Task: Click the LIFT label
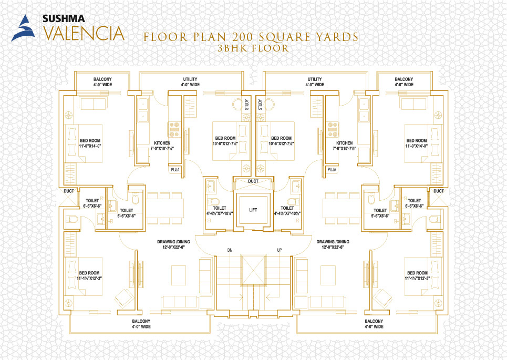tap(253, 210)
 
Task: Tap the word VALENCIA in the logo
tap(84, 33)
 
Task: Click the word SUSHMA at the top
tap(64, 18)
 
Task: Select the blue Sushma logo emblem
tap(23, 28)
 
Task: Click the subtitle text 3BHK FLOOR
tap(253, 48)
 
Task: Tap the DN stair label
tap(230, 250)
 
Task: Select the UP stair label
tap(280, 250)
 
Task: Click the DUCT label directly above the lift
tap(253, 181)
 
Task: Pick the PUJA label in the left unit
tap(175, 169)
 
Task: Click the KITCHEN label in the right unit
tap(344, 143)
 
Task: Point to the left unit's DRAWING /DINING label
tap(173, 242)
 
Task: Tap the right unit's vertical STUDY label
tap(260, 105)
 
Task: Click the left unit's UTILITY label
tap(190, 79)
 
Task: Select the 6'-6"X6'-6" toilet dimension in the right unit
tap(415, 205)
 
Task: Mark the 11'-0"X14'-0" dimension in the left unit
tap(90, 146)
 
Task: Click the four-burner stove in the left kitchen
tap(174, 129)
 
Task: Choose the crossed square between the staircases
tap(253, 270)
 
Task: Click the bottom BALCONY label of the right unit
tap(374, 321)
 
